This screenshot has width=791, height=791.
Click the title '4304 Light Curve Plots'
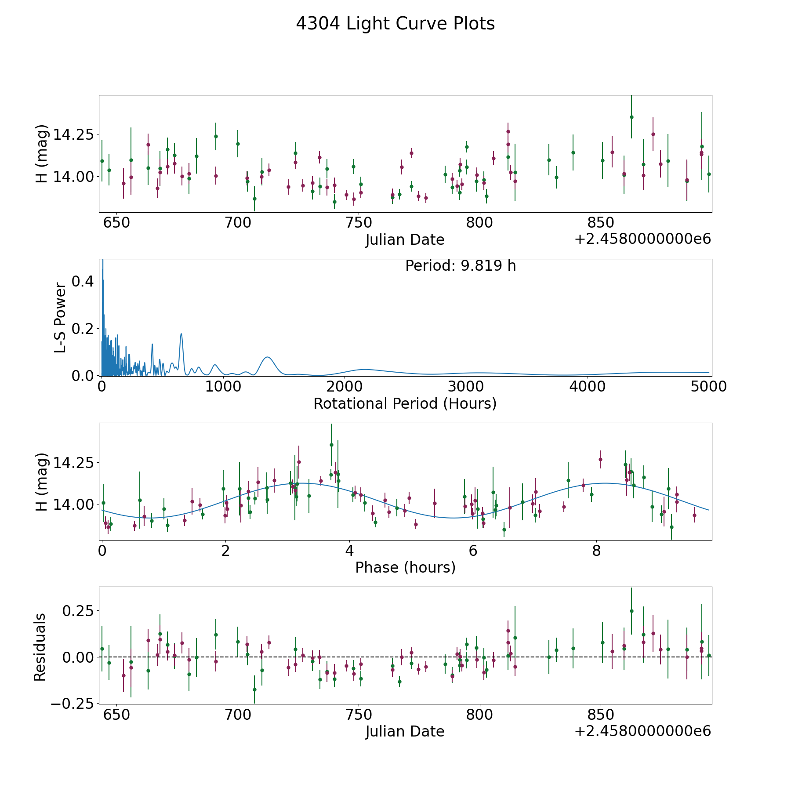pyautogui.click(x=395, y=24)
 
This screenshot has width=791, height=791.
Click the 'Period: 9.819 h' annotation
pyautogui.click(x=461, y=266)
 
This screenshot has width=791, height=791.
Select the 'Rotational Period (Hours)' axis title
pyautogui.click(x=405, y=403)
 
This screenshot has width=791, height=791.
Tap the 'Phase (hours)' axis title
pyautogui.click(x=405, y=568)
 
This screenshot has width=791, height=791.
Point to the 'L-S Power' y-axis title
pyautogui.click(x=60, y=318)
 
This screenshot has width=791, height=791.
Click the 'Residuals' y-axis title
pyautogui.click(x=40, y=647)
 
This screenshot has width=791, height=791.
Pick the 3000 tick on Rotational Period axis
pyautogui.click(x=466, y=386)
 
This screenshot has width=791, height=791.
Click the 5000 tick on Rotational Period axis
pyautogui.click(x=708, y=386)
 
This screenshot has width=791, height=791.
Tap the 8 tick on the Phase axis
pyautogui.click(x=596, y=551)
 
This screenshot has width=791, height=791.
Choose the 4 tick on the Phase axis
pyautogui.click(x=349, y=551)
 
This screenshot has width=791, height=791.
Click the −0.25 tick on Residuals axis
pyautogui.click(x=73, y=704)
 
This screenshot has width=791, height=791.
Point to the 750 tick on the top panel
pyautogui.click(x=359, y=222)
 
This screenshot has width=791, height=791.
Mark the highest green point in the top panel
pyautogui.click(x=631, y=117)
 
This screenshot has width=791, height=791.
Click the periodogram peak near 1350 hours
pyautogui.click(x=268, y=357)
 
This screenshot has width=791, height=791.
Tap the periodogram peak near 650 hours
pyautogui.click(x=181, y=334)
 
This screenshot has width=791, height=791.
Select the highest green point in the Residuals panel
pyautogui.click(x=631, y=611)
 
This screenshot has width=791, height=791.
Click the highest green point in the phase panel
pyautogui.click(x=331, y=445)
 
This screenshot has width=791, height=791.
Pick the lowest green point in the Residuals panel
pyautogui.click(x=254, y=689)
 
